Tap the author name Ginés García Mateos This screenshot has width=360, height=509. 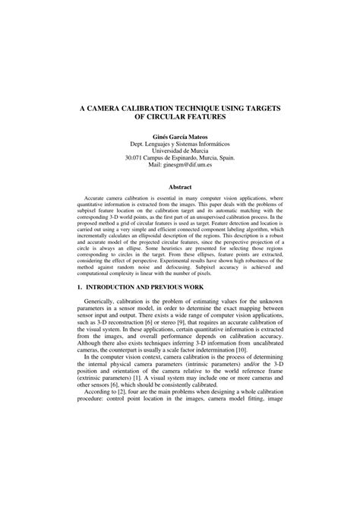coord(180,137)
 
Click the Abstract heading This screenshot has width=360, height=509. coord(180,187)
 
